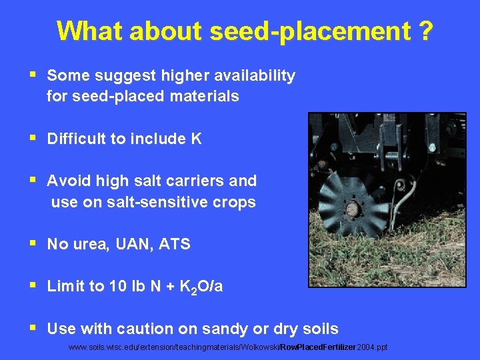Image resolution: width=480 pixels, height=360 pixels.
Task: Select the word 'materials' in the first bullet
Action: [204, 97]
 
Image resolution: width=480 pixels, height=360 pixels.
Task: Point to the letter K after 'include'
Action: [196, 139]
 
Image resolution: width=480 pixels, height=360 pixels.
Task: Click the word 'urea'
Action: [91, 245]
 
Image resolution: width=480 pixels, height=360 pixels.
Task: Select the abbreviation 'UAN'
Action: [132, 245]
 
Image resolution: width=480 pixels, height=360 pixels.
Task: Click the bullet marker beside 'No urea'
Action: [35, 244]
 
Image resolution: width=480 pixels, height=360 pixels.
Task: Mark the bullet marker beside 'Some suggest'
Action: [35, 75]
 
